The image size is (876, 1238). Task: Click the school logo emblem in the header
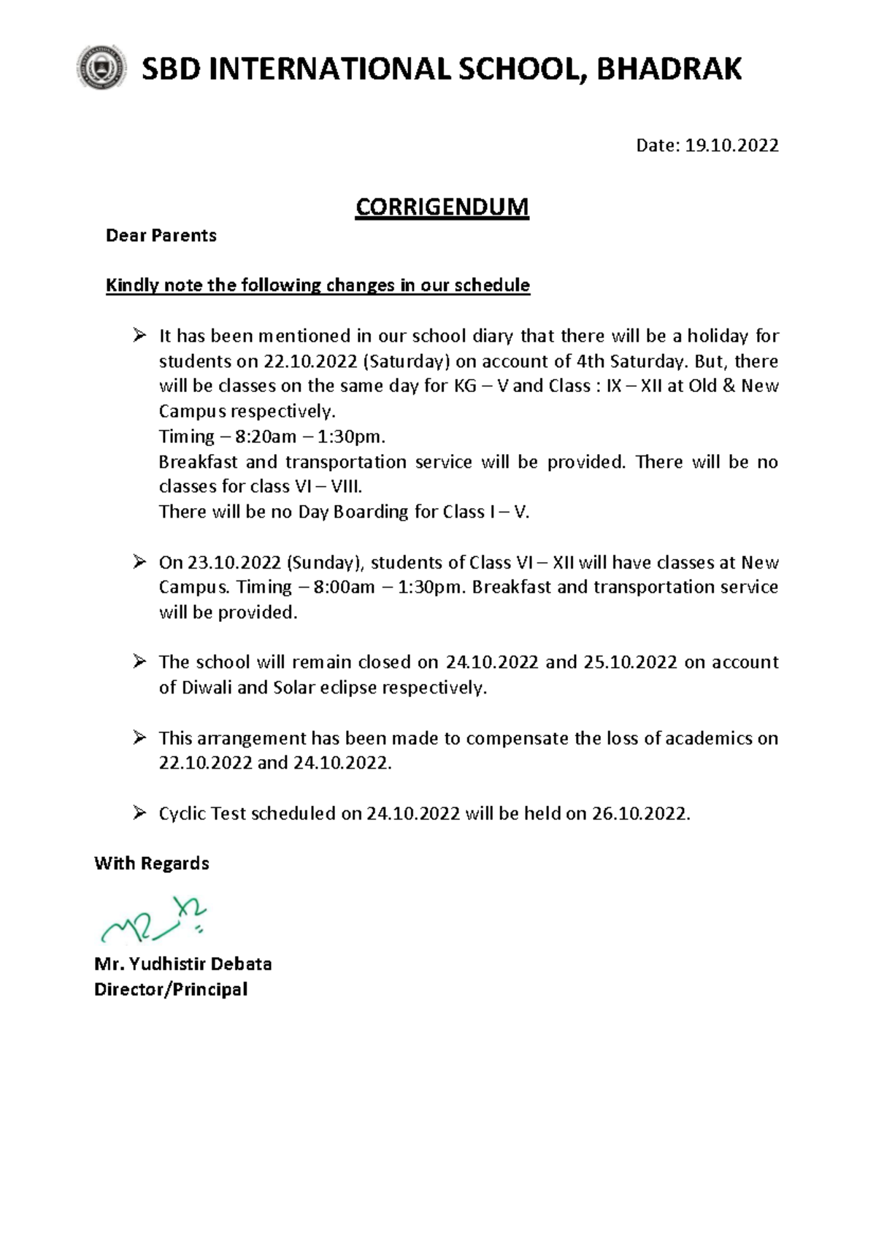coord(101,68)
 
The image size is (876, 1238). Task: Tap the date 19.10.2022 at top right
coord(731,145)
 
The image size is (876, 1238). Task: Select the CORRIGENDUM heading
coord(442,207)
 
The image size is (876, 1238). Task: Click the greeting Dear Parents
coord(161,236)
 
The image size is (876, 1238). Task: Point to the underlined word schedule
coord(492,285)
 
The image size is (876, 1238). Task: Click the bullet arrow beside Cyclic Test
coord(139,812)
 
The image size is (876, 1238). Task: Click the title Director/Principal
coord(171,990)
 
